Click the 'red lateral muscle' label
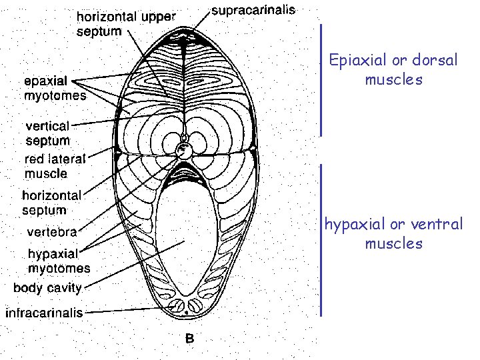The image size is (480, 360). (x=55, y=167)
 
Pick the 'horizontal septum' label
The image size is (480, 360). (x=52, y=203)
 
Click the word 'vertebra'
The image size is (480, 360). (x=52, y=232)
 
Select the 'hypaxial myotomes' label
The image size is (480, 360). (x=59, y=261)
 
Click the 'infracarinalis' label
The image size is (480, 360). (x=45, y=312)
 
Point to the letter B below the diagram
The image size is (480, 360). (x=189, y=338)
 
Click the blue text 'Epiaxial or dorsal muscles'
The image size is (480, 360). (x=394, y=70)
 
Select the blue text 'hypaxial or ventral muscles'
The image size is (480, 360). (x=393, y=233)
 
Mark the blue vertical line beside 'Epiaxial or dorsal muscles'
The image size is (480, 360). (x=321, y=80)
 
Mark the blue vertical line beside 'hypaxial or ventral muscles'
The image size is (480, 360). (x=321, y=240)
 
